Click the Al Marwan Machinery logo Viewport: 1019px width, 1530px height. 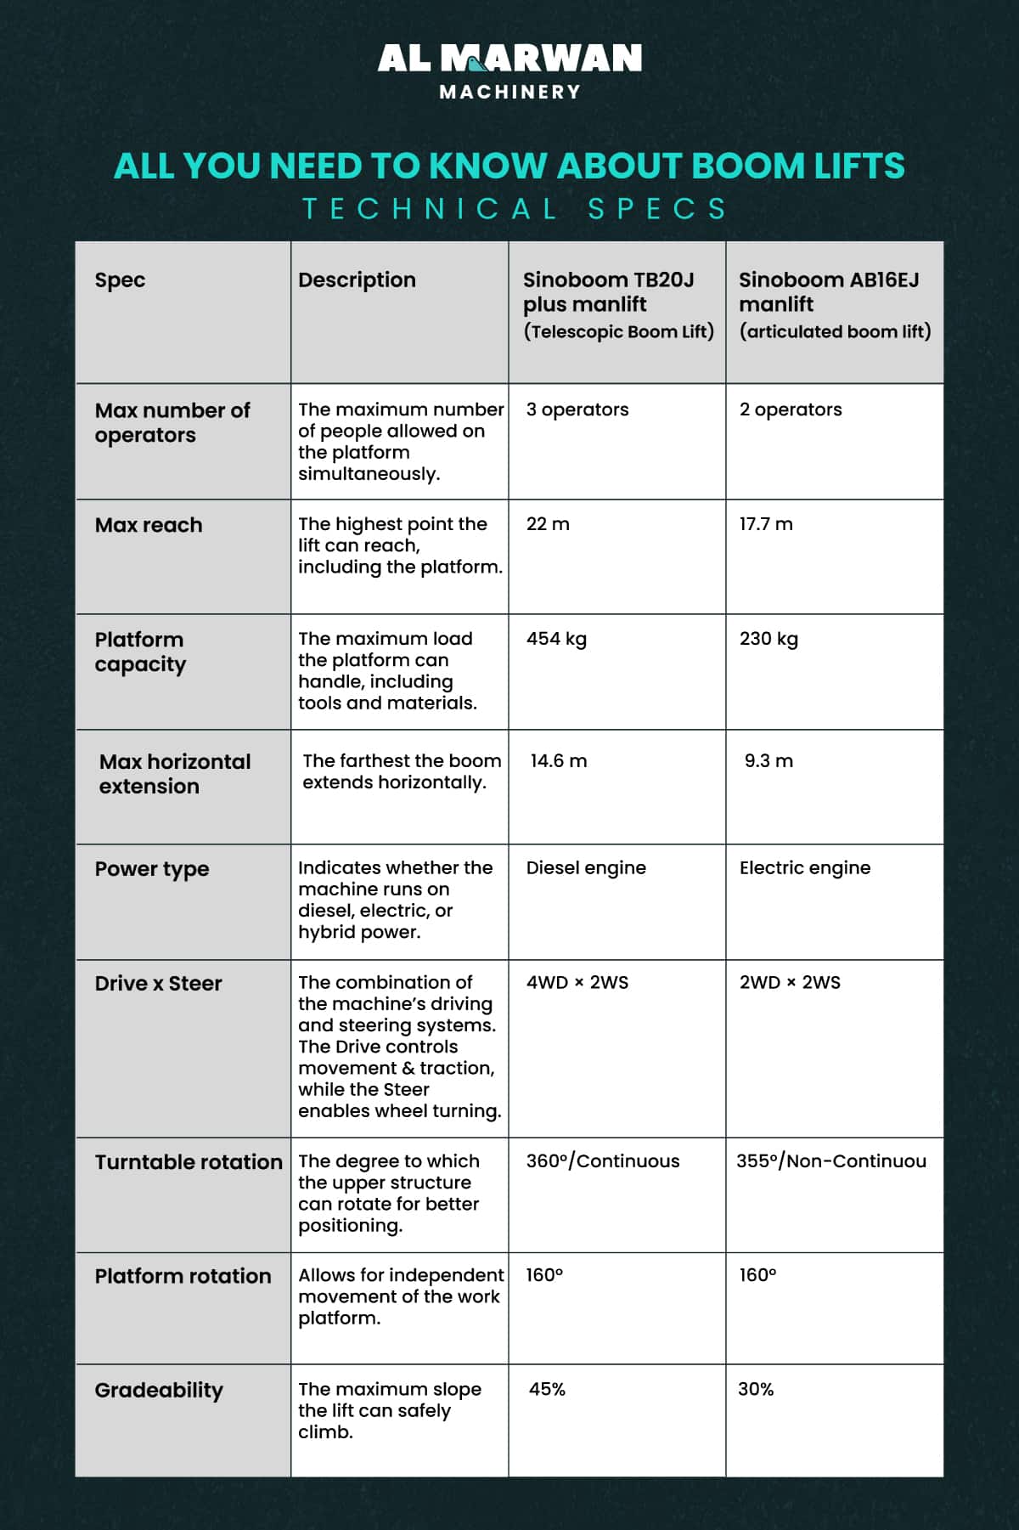coord(509,71)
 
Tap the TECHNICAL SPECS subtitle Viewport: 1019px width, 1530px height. coord(515,209)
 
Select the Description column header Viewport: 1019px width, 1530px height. coord(357,280)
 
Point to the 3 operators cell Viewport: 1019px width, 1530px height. coord(577,409)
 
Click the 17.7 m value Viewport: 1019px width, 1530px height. coord(766,524)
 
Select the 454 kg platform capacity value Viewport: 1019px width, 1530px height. coord(556,639)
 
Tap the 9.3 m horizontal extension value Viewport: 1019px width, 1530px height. coord(768,761)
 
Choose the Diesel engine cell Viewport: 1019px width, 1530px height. coord(586,867)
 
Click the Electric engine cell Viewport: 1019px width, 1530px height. coord(804,867)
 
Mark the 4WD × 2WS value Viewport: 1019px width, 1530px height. coord(577,983)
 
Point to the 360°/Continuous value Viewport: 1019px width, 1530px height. coord(603,1161)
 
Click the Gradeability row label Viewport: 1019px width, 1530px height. coord(159,1391)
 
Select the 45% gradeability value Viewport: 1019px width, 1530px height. coord(547,1390)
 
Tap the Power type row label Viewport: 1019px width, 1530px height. coord(152,869)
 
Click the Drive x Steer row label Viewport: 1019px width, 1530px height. coord(158,984)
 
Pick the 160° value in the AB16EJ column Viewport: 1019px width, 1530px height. coord(757,1275)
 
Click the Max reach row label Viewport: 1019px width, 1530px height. coord(149,525)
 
